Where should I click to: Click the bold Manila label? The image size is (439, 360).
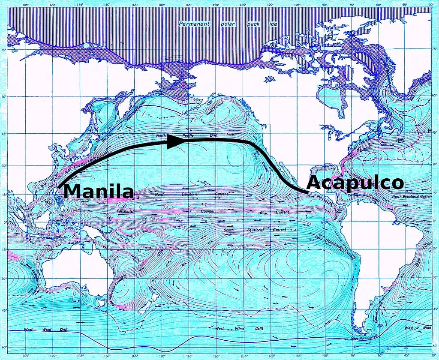click(x=99, y=191)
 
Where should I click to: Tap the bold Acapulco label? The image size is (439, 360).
click(x=355, y=183)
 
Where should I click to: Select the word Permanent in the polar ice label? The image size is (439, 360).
click(x=195, y=24)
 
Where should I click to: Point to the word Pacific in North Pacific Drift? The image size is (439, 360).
click(x=188, y=136)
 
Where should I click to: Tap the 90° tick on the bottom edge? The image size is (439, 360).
click(x=325, y=356)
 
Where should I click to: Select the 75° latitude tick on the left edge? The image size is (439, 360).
click(x=3, y=51)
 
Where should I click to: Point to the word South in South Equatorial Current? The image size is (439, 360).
click(x=229, y=230)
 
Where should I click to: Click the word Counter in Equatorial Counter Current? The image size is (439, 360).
click(x=207, y=212)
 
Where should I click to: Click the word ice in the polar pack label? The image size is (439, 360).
click(x=273, y=24)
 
